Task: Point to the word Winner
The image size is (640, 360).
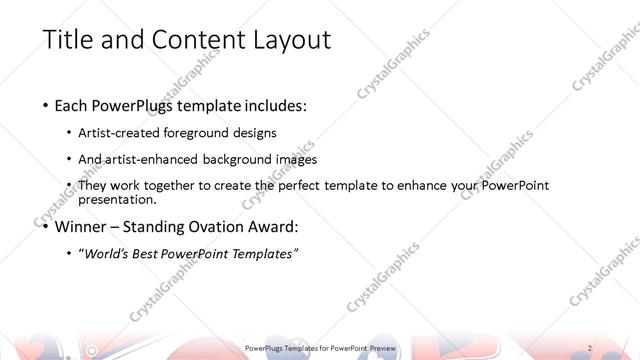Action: coord(87,225)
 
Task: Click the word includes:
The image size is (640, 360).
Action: coord(274,104)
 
